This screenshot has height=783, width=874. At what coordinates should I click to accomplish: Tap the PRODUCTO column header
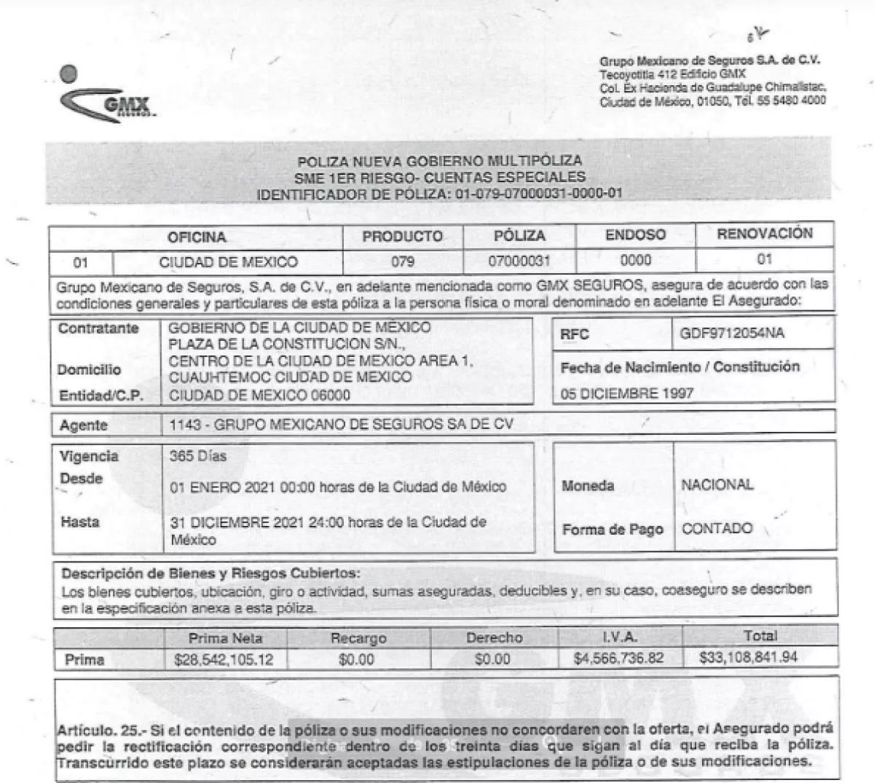click(402, 237)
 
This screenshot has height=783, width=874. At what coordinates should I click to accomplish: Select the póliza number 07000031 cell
click(519, 261)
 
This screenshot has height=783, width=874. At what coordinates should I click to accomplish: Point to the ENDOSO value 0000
click(635, 260)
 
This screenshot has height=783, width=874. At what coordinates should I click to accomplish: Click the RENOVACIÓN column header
click(764, 234)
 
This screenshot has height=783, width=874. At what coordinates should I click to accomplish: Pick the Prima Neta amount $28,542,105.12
click(224, 659)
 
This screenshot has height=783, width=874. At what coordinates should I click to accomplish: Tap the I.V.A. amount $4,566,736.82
click(620, 658)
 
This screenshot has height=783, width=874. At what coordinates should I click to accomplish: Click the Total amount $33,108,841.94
click(748, 657)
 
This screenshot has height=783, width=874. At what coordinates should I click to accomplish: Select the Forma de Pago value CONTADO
click(717, 528)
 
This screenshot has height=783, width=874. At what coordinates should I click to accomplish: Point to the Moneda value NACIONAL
click(717, 484)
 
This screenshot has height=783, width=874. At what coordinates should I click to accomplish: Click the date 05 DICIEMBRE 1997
click(626, 393)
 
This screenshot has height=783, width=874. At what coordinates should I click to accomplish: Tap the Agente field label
click(83, 425)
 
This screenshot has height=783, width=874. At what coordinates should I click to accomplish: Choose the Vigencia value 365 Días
click(198, 457)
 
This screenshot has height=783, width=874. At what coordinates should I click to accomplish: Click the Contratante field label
click(98, 328)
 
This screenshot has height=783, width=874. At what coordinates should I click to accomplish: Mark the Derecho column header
click(494, 638)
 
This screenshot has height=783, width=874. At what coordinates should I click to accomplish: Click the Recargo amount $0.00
click(357, 659)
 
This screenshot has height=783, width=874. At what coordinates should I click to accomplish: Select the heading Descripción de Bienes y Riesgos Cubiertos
click(210, 573)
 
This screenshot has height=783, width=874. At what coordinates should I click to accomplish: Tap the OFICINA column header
click(197, 237)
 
